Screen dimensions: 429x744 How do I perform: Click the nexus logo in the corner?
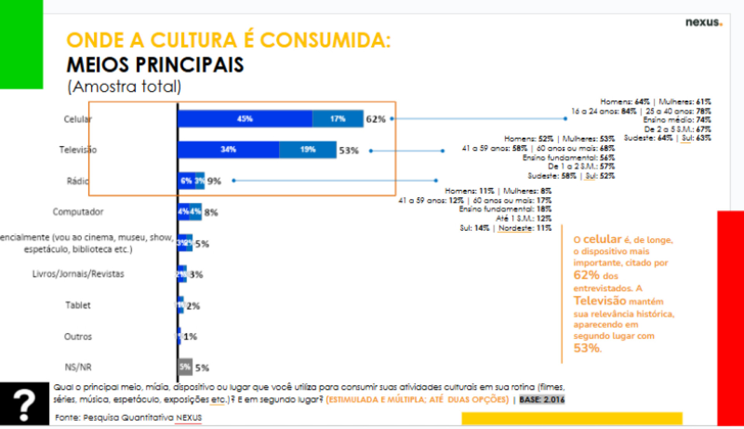(703, 22)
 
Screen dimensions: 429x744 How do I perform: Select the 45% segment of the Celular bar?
(245, 119)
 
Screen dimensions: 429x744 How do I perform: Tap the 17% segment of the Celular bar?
(338, 119)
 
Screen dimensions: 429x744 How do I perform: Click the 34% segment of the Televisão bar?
(228, 150)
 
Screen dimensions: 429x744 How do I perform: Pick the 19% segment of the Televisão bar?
(308, 150)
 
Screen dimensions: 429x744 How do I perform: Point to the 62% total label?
(375, 119)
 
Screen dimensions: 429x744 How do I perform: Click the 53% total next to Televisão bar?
(349, 150)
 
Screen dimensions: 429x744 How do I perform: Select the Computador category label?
(78, 212)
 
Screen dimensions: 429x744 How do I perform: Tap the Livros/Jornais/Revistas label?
(78, 274)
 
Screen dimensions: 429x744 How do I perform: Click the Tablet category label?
(78, 305)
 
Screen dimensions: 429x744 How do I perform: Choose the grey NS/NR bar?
(185, 367)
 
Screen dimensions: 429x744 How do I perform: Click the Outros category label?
(78, 336)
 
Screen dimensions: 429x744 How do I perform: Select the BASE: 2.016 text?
(542, 400)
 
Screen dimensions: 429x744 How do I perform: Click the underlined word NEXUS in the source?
(189, 418)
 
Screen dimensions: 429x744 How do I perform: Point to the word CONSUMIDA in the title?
(325, 40)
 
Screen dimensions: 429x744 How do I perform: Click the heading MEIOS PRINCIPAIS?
(155, 65)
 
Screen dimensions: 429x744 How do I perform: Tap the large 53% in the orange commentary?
(587, 348)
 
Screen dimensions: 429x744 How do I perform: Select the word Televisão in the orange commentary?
(599, 301)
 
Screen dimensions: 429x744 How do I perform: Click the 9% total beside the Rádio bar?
(214, 181)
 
